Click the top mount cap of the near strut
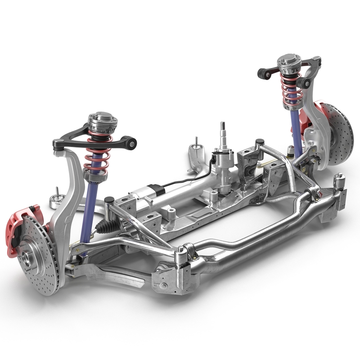pyautogui.click(x=101, y=120)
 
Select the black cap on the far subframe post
pyautogui.click(x=259, y=143)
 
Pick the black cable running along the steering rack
pyautogui.click(x=189, y=180)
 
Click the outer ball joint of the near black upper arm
pyautogui.click(x=57, y=145)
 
